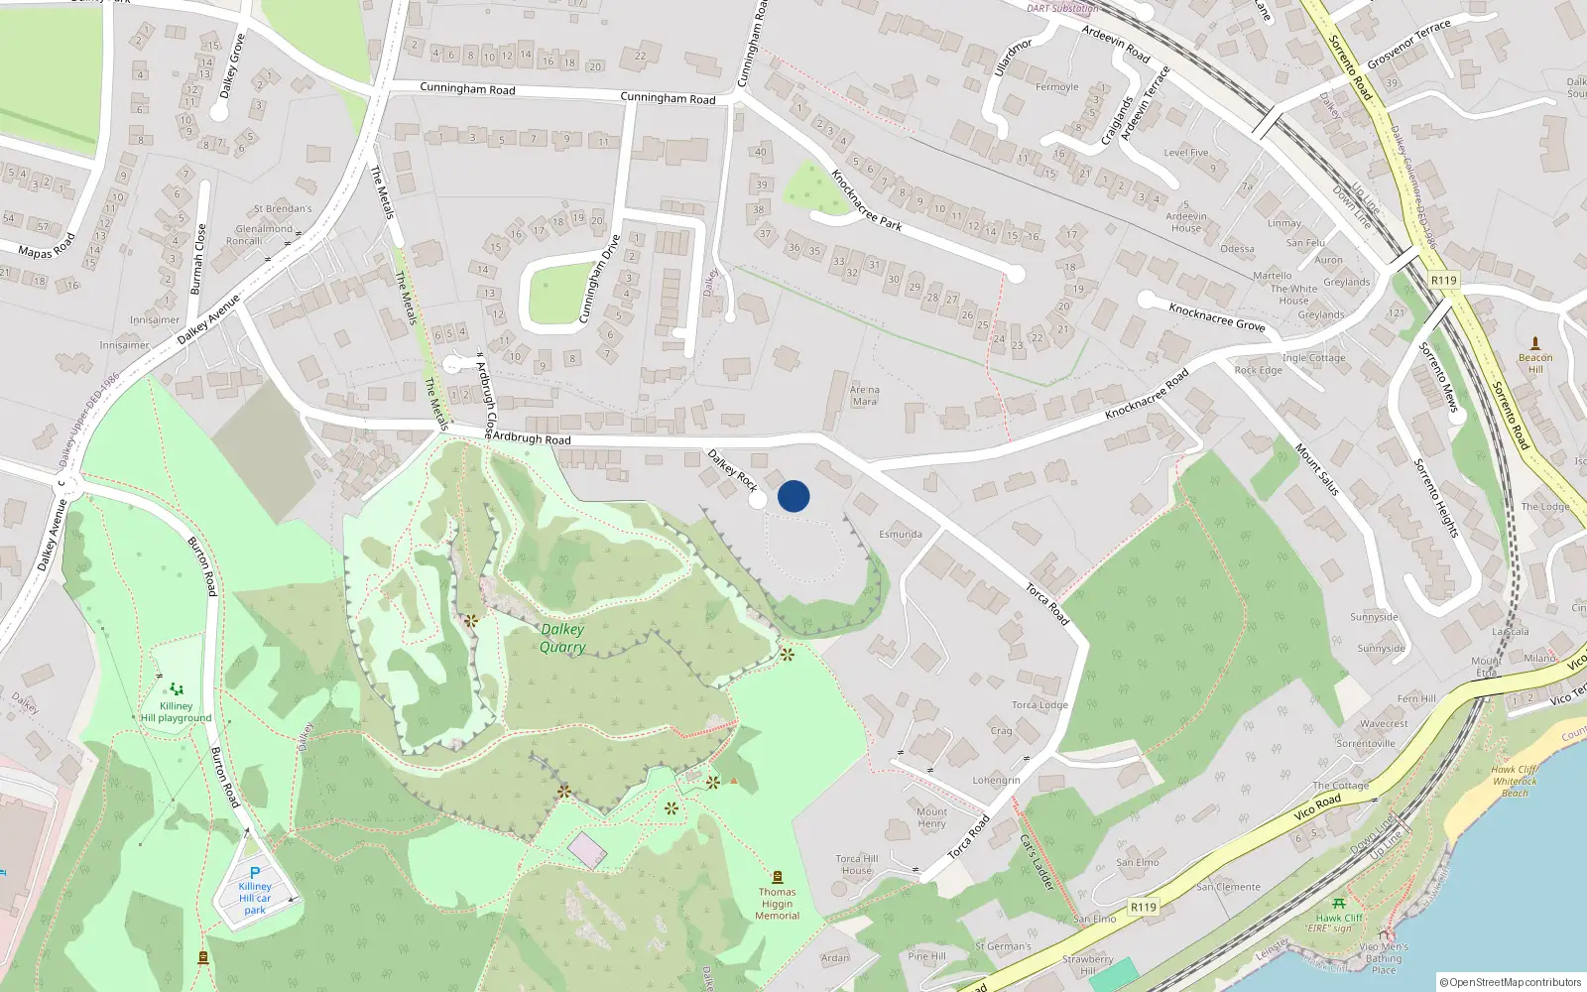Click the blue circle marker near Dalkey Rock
pos(793,496)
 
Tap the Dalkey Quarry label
pos(562,638)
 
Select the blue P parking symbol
pos(255,873)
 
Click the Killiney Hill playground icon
pos(177,688)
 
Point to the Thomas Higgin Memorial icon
pos(778,877)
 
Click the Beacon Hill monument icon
pos(1535,343)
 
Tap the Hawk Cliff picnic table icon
pos(1339,904)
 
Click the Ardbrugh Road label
pos(532,437)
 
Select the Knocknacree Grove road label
pos(1217,316)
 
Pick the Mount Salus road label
pos(1317,469)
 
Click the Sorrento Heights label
pos(1436,498)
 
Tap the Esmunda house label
pos(901,534)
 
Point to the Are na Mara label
pos(865,396)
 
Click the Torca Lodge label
pos(1039,705)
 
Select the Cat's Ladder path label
pos(1038,862)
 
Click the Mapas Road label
pos(47,246)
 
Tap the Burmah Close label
pos(198,259)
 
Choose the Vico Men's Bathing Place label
pos(1384,958)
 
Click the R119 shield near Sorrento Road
pos(1444,281)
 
